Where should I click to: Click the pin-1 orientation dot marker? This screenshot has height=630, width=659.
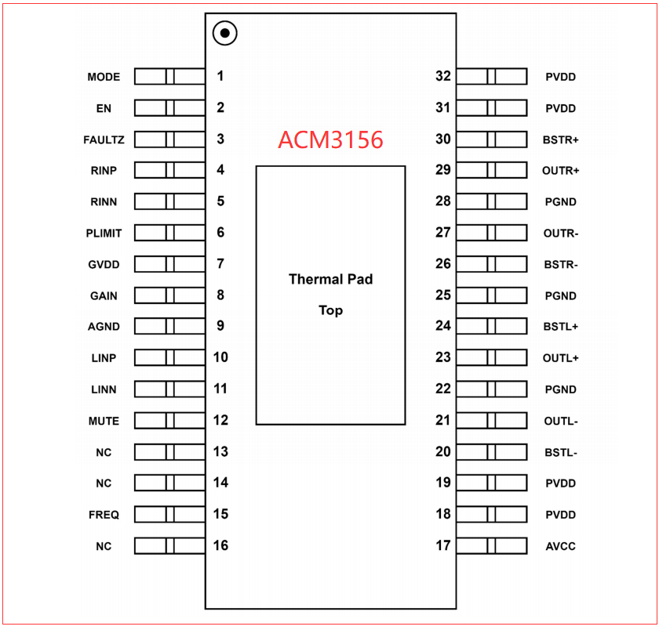point(225,33)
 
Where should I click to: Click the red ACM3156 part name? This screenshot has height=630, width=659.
point(331,139)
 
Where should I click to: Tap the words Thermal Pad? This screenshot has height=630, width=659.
point(331,279)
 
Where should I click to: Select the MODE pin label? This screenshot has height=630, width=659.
point(104,77)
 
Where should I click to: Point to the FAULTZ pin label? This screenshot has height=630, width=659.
point(104,139)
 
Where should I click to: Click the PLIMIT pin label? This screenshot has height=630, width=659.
point(104,233)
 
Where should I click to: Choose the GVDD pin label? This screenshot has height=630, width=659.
point(104,264)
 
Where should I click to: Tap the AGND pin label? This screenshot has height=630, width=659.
point(104,327)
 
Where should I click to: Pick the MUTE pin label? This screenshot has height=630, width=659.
point(104,421)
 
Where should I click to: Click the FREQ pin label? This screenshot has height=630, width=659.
point(104,515)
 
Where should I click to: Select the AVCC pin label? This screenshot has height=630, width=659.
point(561,546)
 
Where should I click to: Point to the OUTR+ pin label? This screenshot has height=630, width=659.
point(561,171)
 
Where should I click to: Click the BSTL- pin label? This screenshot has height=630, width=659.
point(561,452)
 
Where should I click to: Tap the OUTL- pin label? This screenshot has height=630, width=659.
point(561,421)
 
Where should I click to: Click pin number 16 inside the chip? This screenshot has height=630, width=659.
point(220,545)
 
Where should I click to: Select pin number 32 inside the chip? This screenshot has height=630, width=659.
point(443,76)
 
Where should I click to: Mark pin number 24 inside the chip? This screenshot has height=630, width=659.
point(443,326)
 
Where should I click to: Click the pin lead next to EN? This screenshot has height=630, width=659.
point(169,108)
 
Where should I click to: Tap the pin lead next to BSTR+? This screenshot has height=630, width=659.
point(492,139)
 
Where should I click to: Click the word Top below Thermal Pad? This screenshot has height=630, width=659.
point(331,310)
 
